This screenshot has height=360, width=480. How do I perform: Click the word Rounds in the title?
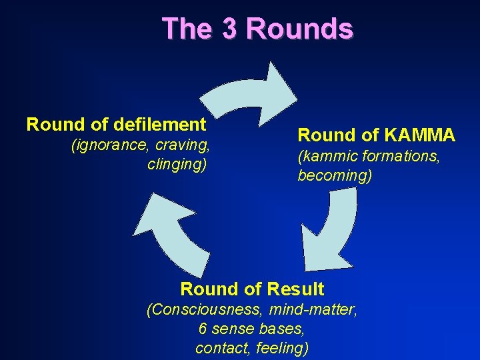tap(299, 29)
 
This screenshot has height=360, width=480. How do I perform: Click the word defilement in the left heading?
tap(160, 124)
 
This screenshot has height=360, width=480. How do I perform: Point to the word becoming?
tap(335, 177)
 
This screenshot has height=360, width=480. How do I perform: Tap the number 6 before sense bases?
tap(203, 329)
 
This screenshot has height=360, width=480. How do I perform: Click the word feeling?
tap(283, 347)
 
